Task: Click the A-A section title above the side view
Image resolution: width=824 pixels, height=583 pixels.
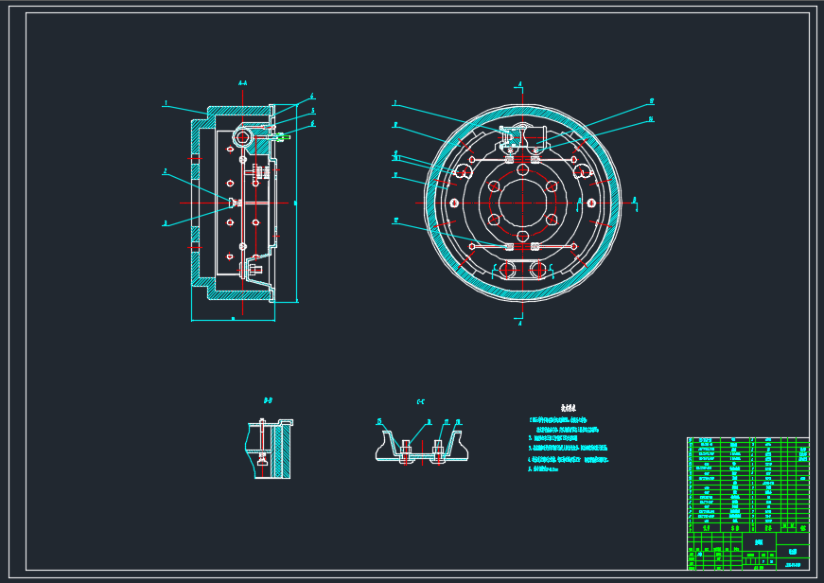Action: [243, 84]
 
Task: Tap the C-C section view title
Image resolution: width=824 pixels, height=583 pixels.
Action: [421, 401]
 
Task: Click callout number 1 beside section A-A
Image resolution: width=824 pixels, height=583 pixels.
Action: [166, 103]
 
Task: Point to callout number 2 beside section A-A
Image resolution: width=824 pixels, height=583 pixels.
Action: [165, 172]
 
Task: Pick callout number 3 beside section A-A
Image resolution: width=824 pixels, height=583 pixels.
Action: [165, 223]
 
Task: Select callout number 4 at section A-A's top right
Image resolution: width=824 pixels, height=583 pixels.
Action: [312, 97]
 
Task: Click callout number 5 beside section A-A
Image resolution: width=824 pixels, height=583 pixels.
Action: [312, 111]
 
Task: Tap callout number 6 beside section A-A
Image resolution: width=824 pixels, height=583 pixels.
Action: [312, 124]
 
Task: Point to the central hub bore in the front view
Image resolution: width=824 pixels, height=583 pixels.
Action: [520, 203]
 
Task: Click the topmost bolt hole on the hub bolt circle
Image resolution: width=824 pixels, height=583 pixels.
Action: [520, 168]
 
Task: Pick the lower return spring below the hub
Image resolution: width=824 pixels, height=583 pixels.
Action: [520, 247]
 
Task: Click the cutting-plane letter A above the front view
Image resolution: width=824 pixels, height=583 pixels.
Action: [520, 84]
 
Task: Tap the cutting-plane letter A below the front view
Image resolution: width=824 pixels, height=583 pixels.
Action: [520, 323]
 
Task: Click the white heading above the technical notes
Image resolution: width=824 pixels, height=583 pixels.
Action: [568, 407]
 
